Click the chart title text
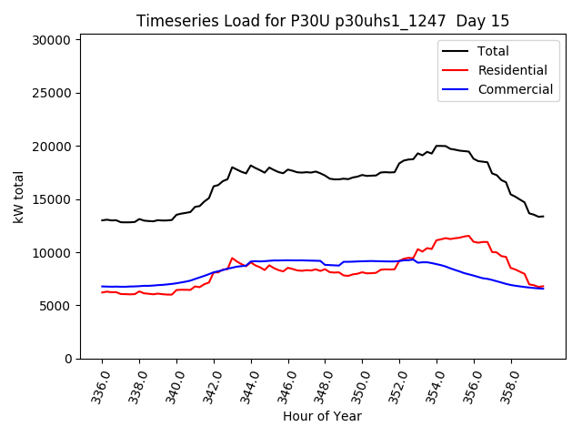[323, 21]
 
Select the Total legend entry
[493, 51]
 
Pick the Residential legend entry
[512, 70]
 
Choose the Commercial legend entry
[515, 89]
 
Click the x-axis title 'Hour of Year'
[322, 416]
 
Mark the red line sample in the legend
[456, 70]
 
